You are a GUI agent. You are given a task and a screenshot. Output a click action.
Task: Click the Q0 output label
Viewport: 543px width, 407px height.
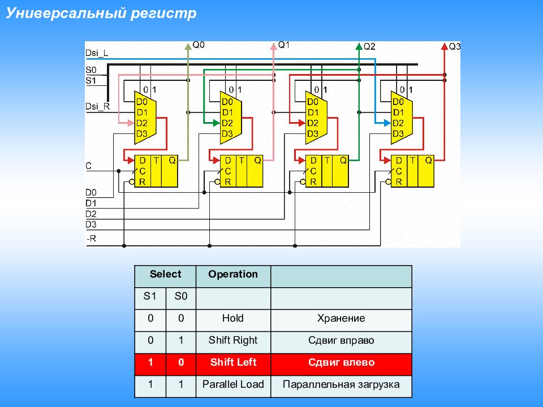pos(199,45)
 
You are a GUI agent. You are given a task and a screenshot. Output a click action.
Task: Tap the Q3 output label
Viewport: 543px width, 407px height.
pos(455,46)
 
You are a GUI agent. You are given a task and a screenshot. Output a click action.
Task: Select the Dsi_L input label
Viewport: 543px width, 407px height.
pos(97,53)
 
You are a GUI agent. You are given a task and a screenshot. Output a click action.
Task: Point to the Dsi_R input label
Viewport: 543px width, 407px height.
pos(97,106)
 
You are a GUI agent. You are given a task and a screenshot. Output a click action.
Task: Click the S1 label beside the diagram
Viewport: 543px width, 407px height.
pos(91,80)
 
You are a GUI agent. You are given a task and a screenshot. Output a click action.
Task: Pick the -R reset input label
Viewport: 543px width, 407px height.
pos(91,239)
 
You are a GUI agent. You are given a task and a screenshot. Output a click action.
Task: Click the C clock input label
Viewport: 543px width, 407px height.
pos(89,166)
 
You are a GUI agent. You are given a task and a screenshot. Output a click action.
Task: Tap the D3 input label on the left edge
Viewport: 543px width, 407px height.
pos(91,224)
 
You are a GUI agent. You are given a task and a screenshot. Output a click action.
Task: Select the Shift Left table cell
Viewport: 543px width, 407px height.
pos(233,362)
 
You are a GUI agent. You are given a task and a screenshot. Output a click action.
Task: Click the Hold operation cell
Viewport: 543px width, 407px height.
pos(233,318)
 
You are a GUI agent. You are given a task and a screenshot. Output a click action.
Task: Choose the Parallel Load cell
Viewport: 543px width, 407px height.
pos(233,384)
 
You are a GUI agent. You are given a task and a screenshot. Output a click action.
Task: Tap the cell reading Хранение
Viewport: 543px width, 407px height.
pos(341,318)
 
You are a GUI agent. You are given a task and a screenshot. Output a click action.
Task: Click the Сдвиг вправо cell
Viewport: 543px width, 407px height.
pos(341,340)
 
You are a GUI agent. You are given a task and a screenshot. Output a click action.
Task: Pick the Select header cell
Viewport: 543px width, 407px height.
pos(165,274)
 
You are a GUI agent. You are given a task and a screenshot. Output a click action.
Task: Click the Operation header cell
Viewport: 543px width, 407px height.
pos(233,274)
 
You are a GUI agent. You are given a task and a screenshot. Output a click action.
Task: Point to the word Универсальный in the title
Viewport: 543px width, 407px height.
pos(65,13)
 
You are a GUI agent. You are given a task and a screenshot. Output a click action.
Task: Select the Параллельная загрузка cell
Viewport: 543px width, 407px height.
pos(341,384)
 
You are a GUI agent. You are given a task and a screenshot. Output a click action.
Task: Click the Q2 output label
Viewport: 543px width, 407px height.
pos(369,46)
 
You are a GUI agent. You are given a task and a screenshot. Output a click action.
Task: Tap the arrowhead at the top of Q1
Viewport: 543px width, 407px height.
pos(273,44)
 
